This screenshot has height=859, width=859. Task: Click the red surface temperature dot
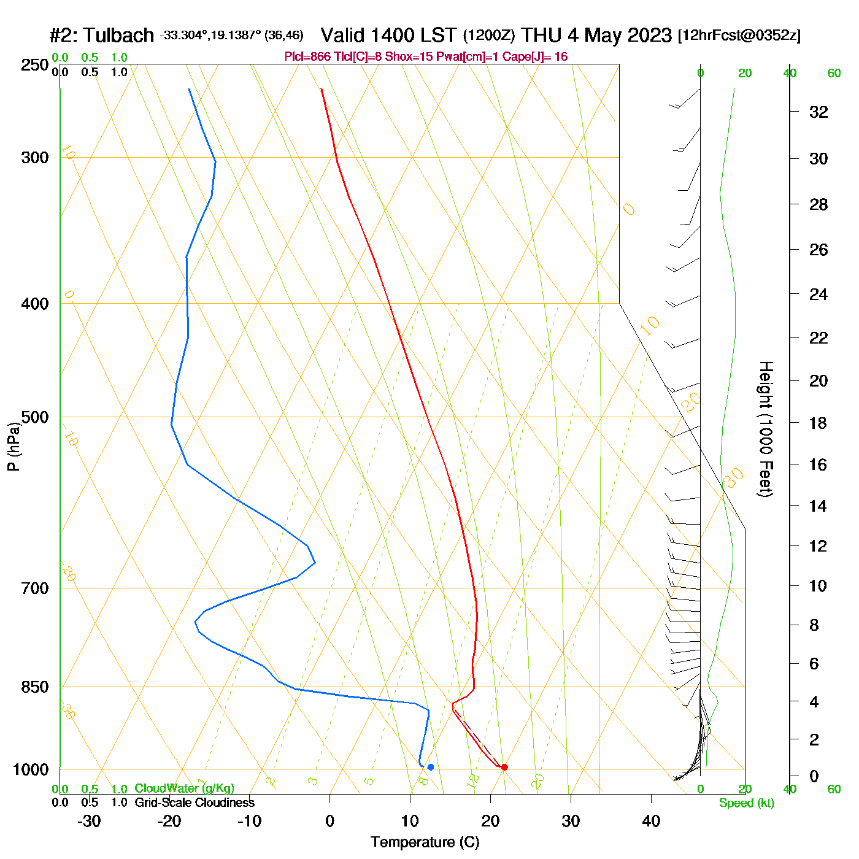[x=504, y=767]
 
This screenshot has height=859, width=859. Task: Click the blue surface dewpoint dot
[x=431, y=767]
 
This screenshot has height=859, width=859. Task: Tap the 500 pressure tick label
[x=35, y=417]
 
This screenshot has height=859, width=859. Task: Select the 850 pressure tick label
[x=35, y=687]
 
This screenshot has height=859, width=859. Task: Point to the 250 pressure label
[x=35, y=65]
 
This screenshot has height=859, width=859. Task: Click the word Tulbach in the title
[x=118, y=36]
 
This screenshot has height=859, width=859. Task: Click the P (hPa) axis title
[x=13, y=446]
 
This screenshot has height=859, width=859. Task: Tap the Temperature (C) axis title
[x=425, y=842]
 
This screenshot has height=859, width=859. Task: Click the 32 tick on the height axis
[x=819, y=112]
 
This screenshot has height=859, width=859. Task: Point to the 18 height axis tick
[x=819, y=423]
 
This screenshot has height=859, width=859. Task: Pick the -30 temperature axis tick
[x=89, y=821]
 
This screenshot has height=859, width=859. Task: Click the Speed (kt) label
[x=746, y=803]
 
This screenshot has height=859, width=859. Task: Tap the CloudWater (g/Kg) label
[x=184, y=788]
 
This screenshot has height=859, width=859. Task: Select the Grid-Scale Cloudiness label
[x=195, y=803]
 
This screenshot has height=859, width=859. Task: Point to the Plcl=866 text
[x=307, y=57]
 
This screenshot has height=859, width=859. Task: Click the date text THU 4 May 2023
[x=596, y=35]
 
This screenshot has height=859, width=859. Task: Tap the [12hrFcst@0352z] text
[x=739, y=36]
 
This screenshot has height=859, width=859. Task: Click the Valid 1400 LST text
[x=389, y=35]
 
